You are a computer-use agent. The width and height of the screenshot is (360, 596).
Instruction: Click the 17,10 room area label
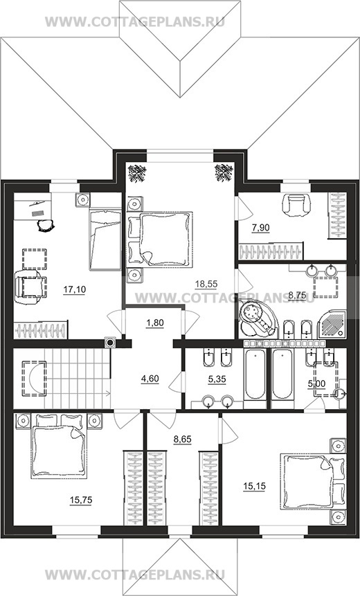coord(75,289)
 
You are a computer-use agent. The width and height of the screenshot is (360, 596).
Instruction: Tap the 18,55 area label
coord(206,283)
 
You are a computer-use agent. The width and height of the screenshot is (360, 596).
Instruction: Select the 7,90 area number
coord(261,228)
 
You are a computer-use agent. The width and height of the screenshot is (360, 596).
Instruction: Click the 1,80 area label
coord(154,323)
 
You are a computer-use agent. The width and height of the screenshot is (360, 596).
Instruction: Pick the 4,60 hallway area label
coord(150,379)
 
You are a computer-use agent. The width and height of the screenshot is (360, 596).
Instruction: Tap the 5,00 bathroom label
coord(316,384)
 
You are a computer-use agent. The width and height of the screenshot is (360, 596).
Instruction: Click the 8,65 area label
coord(183,440)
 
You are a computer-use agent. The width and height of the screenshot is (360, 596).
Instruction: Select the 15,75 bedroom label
coord(81,500)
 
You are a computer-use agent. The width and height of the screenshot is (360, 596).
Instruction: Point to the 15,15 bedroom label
coord(254,486)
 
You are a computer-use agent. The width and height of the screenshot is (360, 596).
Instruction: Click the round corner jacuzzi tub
coord(258,318)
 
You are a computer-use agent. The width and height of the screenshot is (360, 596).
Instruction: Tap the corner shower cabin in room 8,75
coord(332,323)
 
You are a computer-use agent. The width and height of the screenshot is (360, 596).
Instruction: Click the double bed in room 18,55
coord(159,239)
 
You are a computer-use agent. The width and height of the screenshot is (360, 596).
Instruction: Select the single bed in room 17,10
coord(105,239)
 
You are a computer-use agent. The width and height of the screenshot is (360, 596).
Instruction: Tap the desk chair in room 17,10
coord(46,225)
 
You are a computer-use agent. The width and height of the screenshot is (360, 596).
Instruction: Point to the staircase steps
coord(78,379)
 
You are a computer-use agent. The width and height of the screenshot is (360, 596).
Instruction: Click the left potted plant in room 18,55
coord(137,173)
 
